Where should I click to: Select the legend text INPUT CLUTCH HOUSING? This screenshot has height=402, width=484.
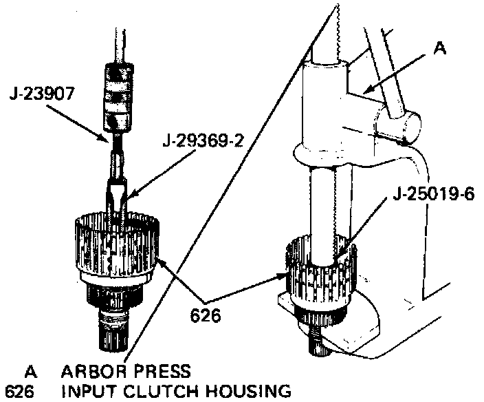[175, 392]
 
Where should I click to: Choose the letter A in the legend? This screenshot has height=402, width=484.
[30, 372]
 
